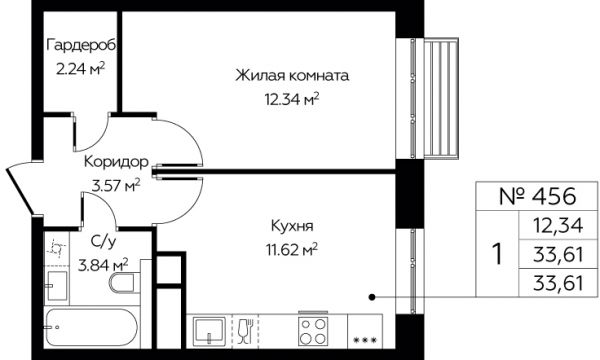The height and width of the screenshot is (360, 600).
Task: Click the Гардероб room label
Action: (82, 45)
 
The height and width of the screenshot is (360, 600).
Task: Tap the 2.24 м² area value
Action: (80, 69)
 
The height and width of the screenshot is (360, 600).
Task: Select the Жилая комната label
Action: (292, 75)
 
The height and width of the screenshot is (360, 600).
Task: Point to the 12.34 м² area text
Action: (292, 99)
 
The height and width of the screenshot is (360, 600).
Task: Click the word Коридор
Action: (116, 161)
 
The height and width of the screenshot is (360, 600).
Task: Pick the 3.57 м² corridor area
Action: (116, 186)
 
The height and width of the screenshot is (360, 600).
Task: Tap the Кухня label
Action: (292, 226)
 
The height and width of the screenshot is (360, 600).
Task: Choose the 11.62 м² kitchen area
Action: (292, 250)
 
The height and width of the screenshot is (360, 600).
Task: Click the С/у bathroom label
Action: (103, 242)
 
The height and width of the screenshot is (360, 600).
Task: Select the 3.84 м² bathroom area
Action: (103, 265)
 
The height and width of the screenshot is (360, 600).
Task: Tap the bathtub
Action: (91, 327)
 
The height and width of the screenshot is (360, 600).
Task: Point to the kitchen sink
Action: (209, 331)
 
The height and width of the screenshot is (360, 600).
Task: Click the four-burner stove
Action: (313, 331)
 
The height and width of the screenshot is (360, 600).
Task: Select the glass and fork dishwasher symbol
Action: (245, 330)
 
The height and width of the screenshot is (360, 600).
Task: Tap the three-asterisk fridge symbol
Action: (365, 340)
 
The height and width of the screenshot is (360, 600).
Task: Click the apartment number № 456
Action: (537, 196)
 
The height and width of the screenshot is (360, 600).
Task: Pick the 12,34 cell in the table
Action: (559, 225)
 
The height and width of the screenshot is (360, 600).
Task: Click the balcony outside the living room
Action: (441, 98)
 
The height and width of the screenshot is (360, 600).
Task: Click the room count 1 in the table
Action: (497, 254)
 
